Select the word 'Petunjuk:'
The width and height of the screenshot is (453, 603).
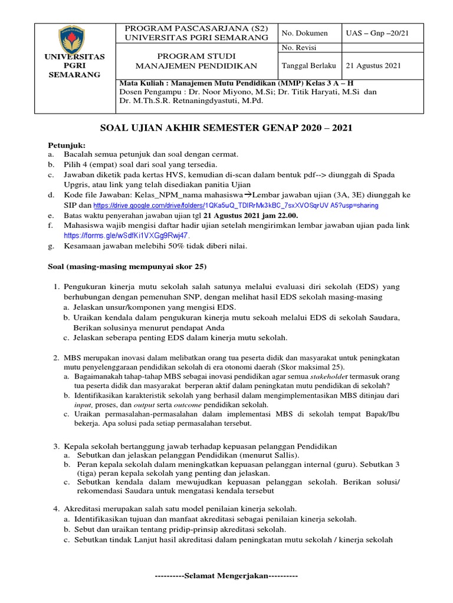[67, 145]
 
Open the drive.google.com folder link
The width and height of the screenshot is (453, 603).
[236, 206]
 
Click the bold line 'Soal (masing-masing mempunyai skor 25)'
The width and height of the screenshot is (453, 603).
[127, 266]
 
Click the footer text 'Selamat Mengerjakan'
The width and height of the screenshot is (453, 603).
[226, 575]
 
